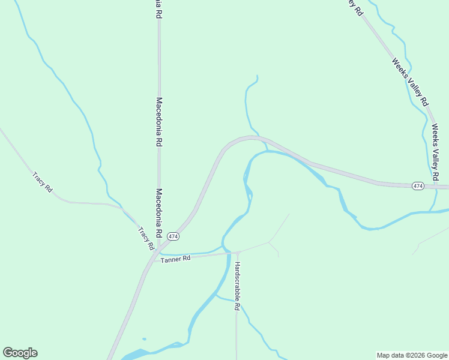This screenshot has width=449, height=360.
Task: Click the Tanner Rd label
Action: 176,258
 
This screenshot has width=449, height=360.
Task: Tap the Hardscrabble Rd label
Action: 237,286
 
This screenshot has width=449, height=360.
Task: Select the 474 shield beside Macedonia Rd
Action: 173,236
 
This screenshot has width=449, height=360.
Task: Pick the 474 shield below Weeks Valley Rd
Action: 418,187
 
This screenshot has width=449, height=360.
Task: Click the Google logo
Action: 20,352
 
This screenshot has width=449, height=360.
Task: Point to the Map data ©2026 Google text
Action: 412,355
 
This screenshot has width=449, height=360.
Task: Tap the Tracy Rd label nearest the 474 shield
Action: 146,238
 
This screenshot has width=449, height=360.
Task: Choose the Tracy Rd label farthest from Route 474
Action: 42,182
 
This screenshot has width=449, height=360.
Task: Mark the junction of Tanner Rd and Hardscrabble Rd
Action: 237,252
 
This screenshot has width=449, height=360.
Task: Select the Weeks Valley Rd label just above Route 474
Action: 436,152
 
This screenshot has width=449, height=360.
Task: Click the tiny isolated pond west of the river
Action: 144,339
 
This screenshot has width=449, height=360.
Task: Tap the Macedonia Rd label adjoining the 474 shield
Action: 160,212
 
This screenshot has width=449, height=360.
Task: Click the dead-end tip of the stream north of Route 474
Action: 257,76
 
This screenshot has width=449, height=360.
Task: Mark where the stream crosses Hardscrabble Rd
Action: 237,301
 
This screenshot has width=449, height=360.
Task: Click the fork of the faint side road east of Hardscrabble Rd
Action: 269,242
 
